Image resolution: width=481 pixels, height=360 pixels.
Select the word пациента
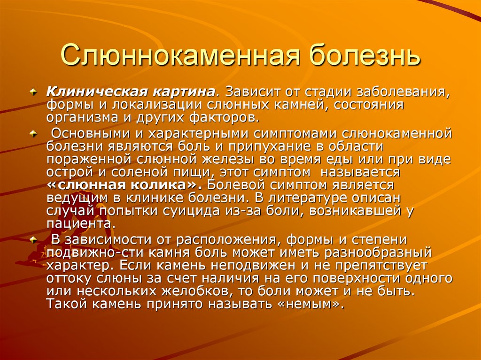[79, 223]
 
